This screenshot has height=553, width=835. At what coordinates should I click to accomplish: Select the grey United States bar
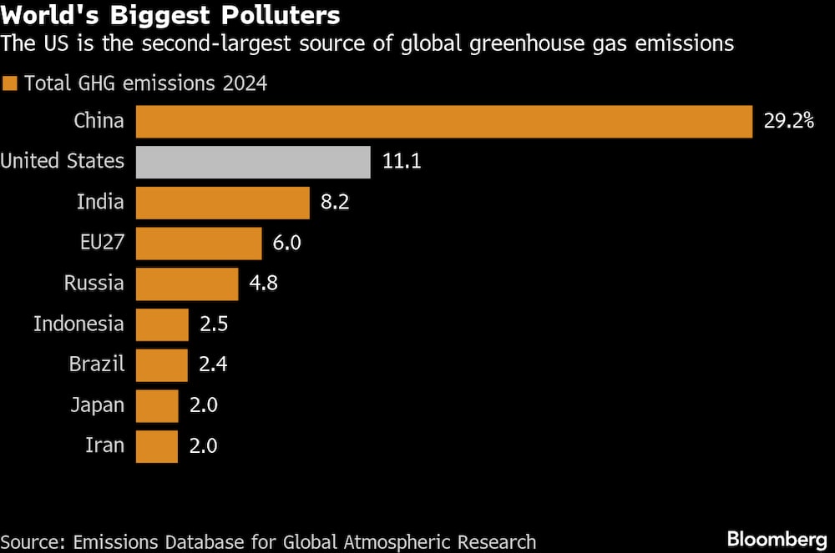253,162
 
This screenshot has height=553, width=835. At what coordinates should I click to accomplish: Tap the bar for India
222,203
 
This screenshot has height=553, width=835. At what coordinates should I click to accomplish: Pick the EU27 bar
199,243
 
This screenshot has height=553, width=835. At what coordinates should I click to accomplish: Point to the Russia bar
186,284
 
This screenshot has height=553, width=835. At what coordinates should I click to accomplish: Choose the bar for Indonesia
162,324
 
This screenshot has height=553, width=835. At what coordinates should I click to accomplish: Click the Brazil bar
161,364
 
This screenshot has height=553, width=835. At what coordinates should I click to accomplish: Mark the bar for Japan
157,405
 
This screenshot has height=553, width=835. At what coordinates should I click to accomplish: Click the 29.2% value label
788,121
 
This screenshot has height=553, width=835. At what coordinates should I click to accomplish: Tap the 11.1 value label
402,162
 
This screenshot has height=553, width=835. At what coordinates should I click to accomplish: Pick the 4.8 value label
263,284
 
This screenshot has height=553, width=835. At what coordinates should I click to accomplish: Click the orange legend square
10,83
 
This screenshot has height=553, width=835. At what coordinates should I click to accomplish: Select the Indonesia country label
78,324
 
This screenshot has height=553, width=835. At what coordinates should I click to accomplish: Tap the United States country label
63,162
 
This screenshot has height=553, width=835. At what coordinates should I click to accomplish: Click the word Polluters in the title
275,16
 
